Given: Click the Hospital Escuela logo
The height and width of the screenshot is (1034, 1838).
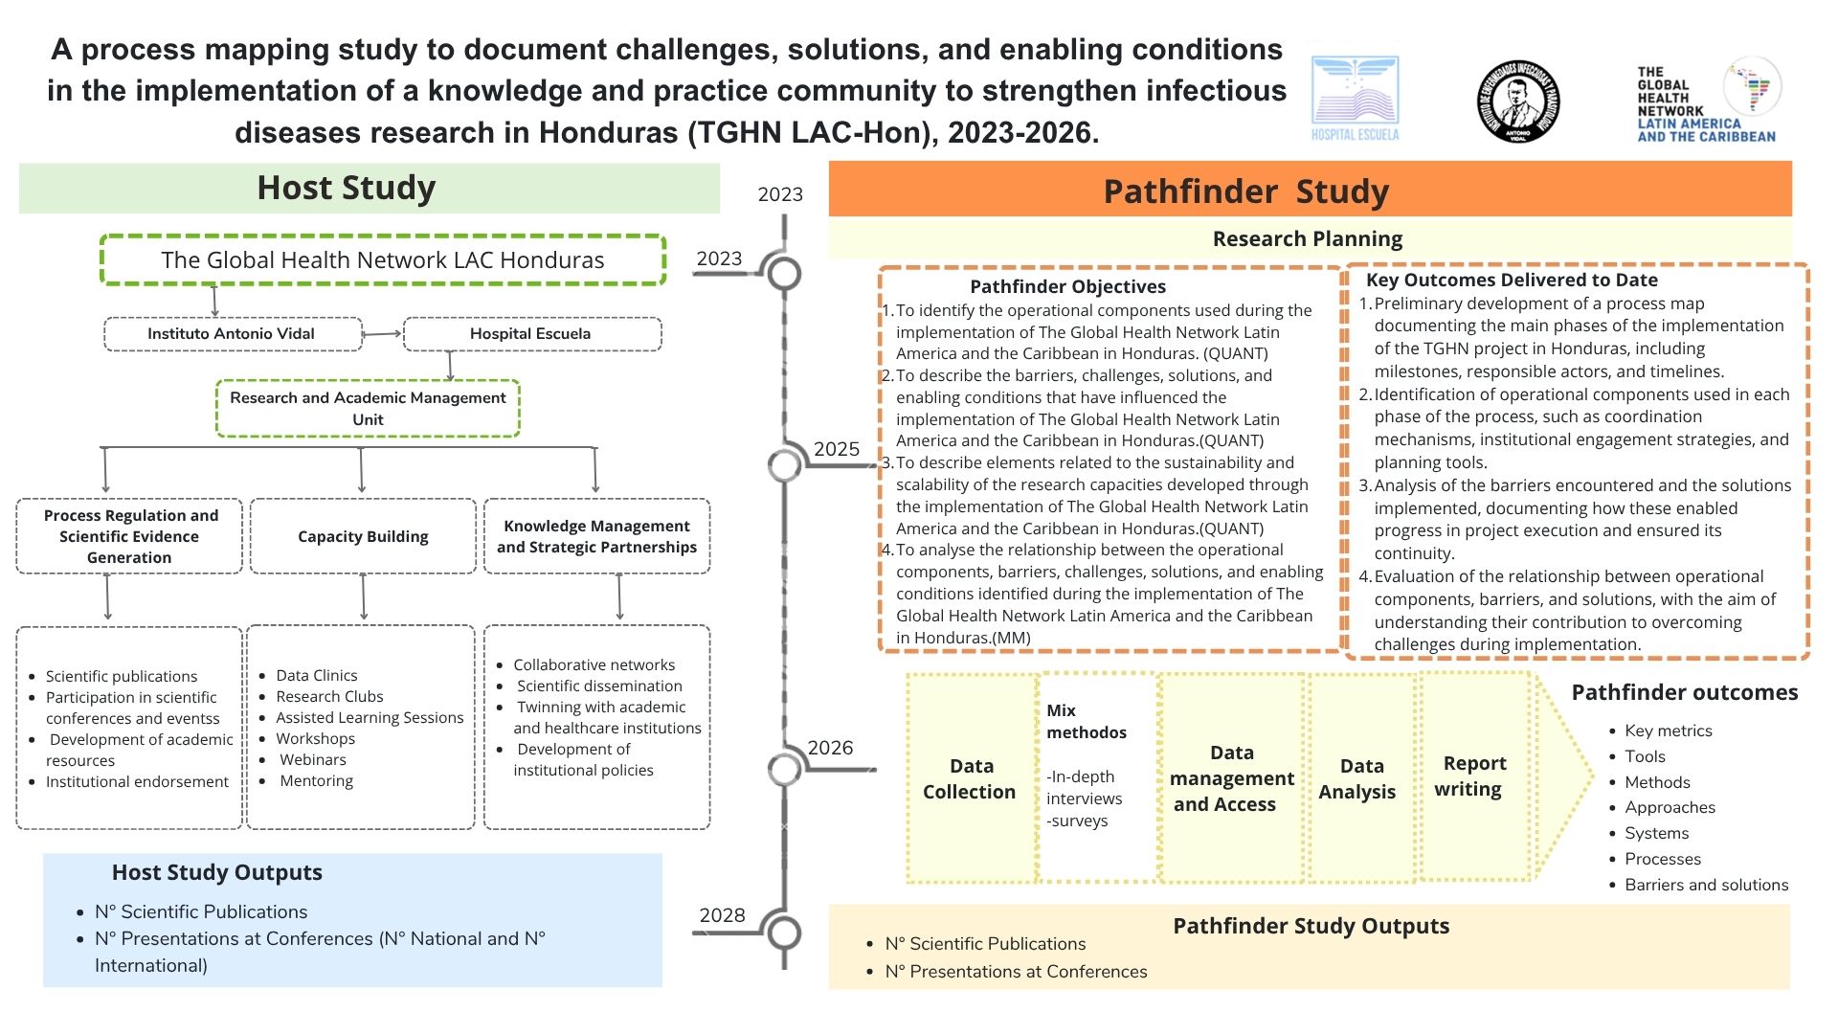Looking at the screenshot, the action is (x=1355, y=100).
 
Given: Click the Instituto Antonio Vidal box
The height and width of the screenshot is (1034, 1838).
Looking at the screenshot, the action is (x=233, y=334).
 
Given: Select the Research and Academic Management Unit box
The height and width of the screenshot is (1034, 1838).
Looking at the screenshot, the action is (x=368, y=409).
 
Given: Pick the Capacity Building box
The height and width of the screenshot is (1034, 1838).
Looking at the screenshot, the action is (x=363, y=536).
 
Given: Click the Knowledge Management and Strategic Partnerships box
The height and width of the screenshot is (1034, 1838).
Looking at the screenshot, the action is (x=596, y=536).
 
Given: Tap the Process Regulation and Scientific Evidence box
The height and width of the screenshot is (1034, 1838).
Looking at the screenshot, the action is (x=129, y=536).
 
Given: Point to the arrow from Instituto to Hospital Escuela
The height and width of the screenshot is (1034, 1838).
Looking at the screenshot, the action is (x=383, y=334).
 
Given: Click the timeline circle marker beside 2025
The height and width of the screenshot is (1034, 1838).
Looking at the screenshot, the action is (x=784, y=465).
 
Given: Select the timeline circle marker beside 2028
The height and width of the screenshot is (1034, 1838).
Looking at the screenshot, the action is (x=784, y=933).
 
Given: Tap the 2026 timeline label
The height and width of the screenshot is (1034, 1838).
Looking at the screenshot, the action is (x=830, y=748).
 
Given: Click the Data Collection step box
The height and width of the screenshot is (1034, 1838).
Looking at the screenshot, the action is (x=971, y=777).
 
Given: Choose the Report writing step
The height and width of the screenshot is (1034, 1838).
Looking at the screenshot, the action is (x=1474, y=775).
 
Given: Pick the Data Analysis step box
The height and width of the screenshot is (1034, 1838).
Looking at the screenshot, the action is (x=1360, y=777).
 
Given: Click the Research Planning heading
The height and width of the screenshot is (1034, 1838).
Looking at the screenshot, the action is (x=1308, y=238).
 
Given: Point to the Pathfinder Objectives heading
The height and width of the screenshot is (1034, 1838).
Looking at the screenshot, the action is (x=1067, y=286).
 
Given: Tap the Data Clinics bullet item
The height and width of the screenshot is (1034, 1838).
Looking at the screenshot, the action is (x=316, y=675).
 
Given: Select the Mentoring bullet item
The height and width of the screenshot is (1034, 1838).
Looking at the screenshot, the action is (x=316, y=780).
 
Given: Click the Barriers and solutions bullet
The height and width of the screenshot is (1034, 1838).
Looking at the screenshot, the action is (x=1706, y=885).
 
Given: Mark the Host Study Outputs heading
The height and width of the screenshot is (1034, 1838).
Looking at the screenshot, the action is (x=217, y=872).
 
